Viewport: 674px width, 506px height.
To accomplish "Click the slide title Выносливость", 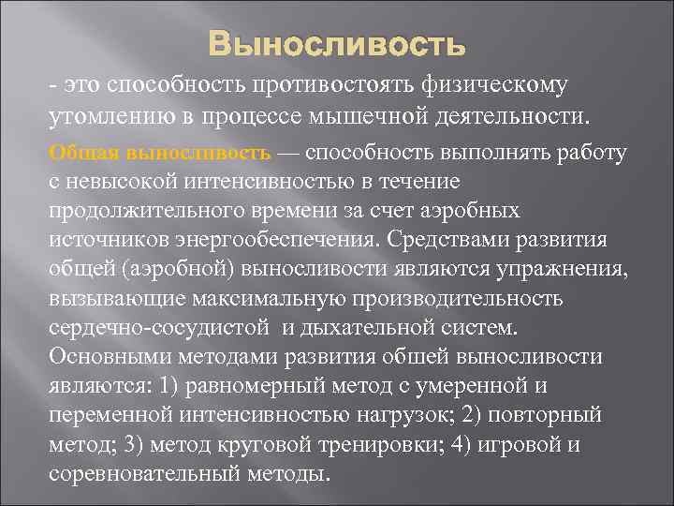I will tap(337, 44).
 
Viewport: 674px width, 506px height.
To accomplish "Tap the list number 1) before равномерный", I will tap(178, 388).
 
